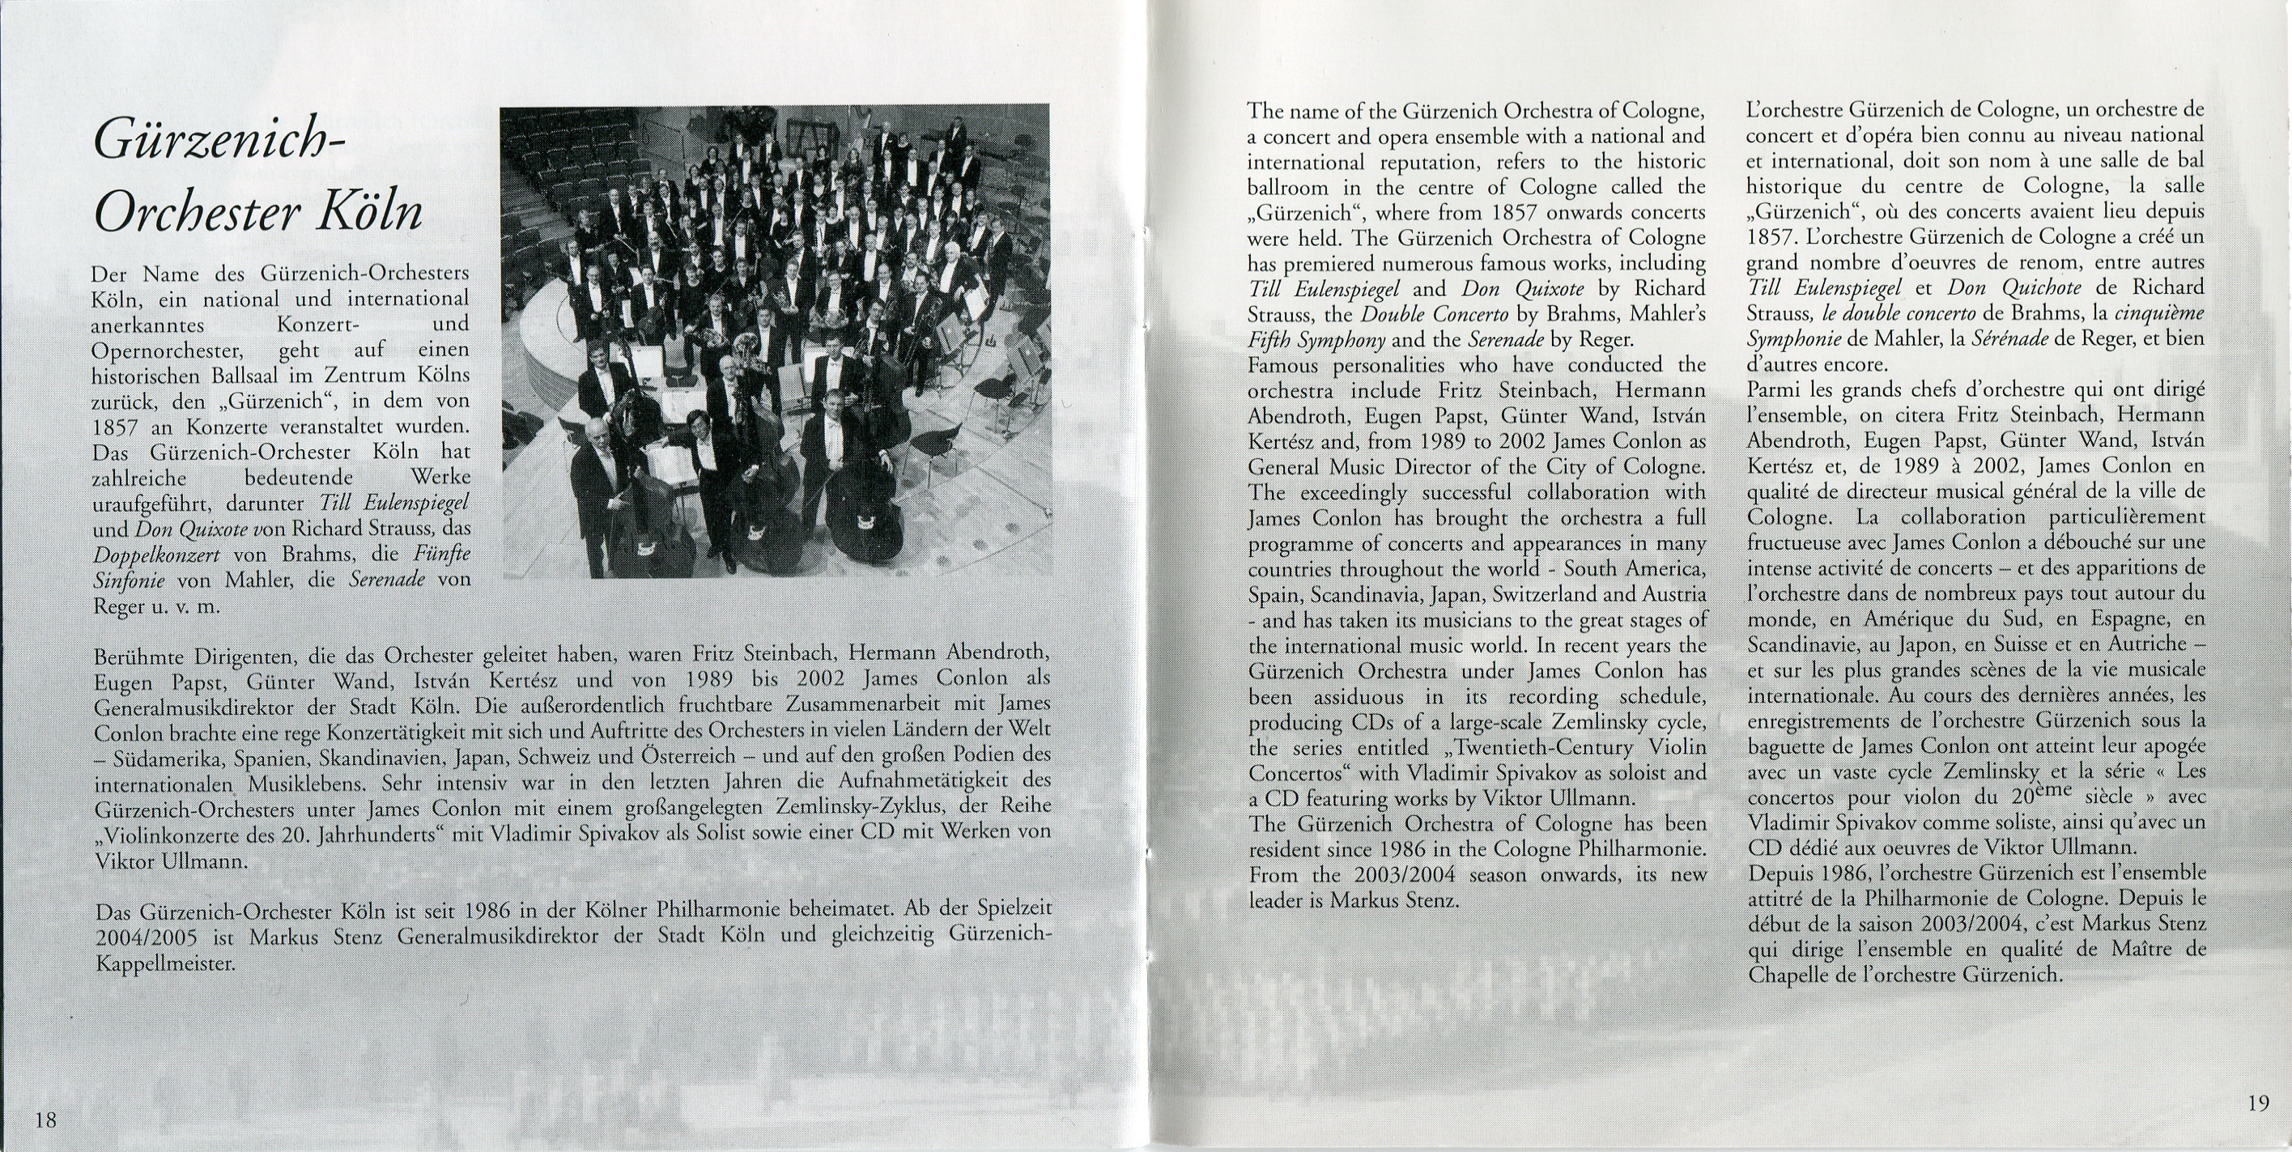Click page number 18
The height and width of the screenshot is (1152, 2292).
[x=45, y=1119]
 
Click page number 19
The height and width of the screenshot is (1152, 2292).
[x=2258, y=1103]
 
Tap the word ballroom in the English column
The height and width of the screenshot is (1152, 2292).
[x=1288, y=188]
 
